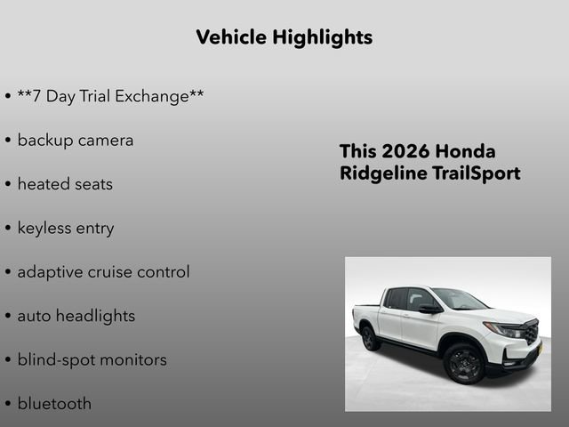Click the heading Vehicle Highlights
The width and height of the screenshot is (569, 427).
[284, 37]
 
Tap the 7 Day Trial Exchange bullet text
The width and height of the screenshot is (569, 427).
[110, 96]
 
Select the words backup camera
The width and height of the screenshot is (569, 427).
[76, 140]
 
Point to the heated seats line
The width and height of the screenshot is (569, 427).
[65, 184]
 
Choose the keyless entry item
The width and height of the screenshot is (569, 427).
[66, 228]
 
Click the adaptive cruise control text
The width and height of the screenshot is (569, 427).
[103, 271]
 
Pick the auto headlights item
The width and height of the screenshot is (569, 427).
[76, 316]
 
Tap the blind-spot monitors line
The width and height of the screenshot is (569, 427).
[92, 359]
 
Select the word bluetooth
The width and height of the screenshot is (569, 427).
[54, 403]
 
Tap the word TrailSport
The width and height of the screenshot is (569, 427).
[476, 173]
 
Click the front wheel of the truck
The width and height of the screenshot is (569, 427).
[463, 363]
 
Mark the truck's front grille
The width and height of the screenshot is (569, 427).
[531, 332]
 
